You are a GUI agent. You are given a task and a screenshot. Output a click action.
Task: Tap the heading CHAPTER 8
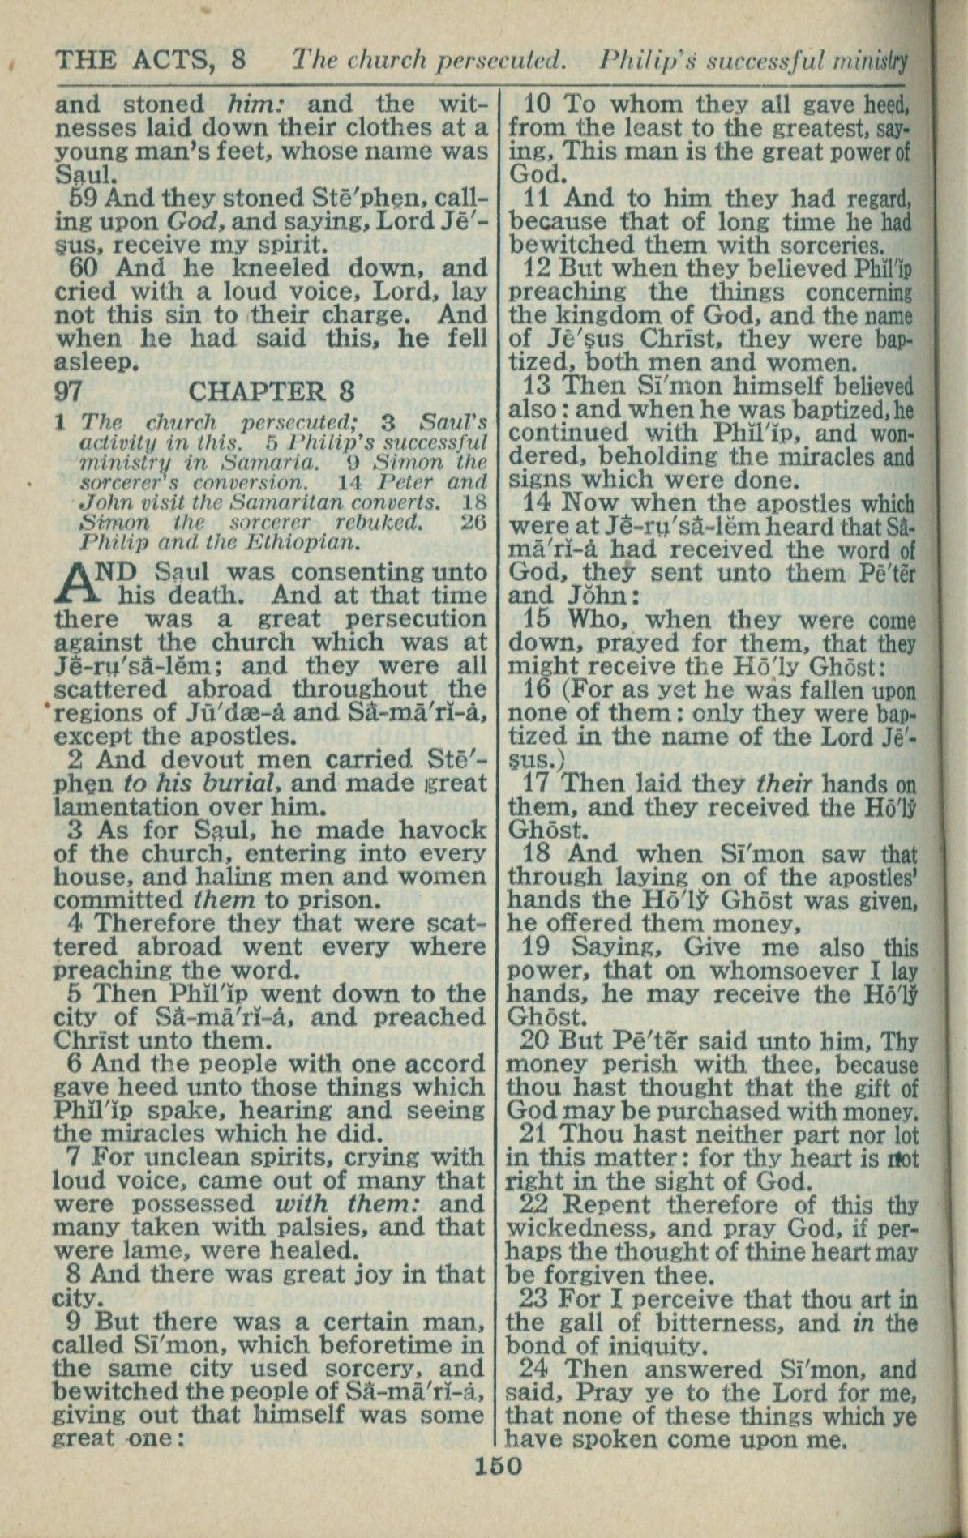pyautogui.click(x=271, y=391)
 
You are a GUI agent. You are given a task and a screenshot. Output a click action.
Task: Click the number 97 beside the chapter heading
pyautogui.click(x=69, y=391)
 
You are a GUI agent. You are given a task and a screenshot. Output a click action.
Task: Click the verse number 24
pyautogui.click(x=533, y=1369)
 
